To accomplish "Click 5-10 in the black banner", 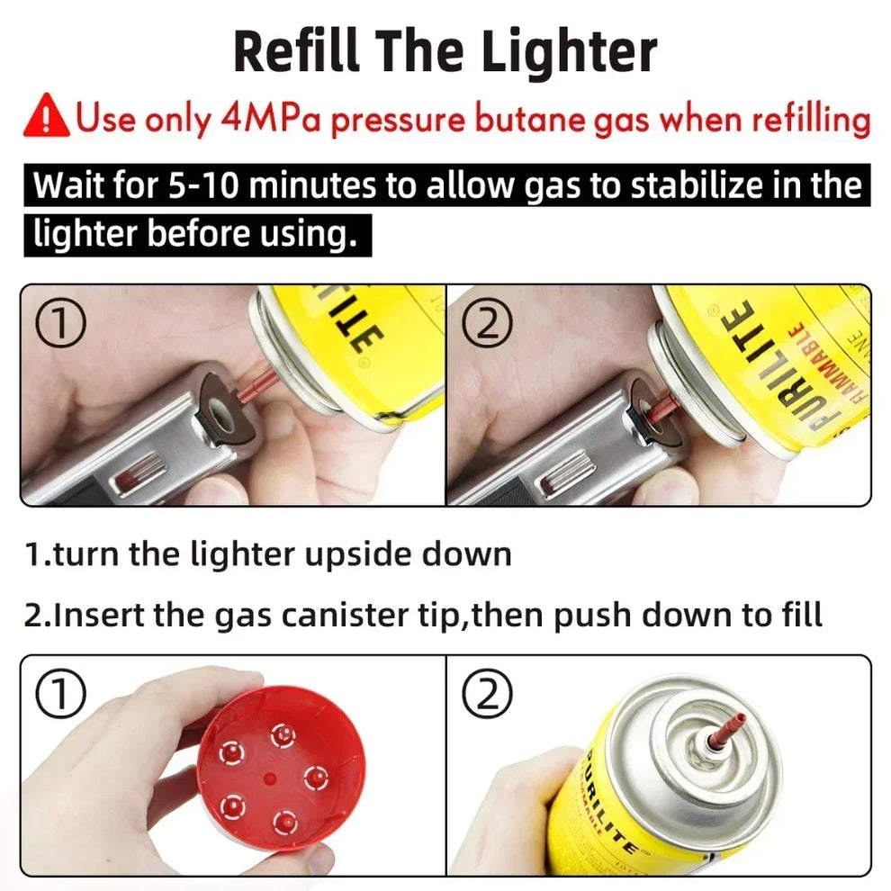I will click(x=205, y=186).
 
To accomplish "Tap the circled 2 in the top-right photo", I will click(x=486, y=324).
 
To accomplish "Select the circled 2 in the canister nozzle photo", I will click(x=486, y=694).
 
